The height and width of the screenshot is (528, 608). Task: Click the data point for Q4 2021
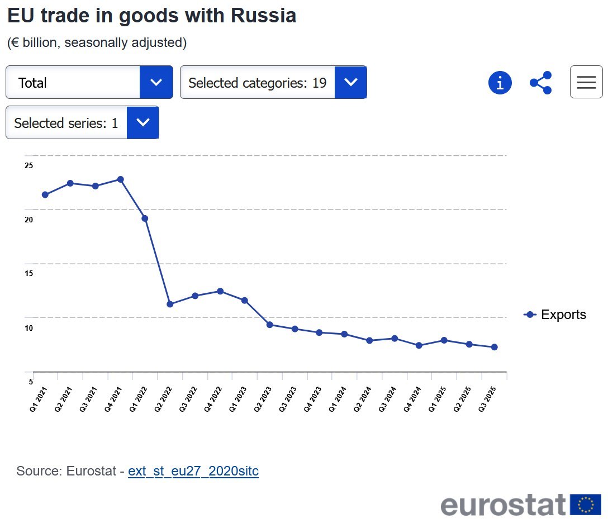tap(120, 179)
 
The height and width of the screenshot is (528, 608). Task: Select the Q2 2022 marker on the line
tap(170, 304)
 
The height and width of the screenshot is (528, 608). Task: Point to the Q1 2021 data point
tap(45, 194)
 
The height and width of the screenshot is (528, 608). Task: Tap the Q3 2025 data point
tap(494, 347)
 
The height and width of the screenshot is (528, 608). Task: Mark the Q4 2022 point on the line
tap(220, 291)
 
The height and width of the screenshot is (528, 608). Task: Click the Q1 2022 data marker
tap(145, 218)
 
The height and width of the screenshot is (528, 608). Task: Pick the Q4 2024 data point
tap(419, 345)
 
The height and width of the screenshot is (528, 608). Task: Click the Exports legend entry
tap(555, 315)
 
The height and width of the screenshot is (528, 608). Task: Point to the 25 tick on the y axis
tap(29, 165)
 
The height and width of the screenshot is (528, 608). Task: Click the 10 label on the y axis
tap(29, 327)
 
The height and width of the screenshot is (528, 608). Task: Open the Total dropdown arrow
tap(156, 83)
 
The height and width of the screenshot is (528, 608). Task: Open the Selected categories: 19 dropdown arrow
tap(351, 83)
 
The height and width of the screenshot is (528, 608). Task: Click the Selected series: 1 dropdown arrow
tap(143, 123)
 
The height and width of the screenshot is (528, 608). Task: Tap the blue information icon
tap(500, 83)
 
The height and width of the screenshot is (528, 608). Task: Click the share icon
tap(541, 83)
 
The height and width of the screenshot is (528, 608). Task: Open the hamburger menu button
tap(586, 82)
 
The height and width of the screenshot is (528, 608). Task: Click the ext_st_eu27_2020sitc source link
tap(193, 471)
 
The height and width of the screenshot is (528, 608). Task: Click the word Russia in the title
tap(264, 16)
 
